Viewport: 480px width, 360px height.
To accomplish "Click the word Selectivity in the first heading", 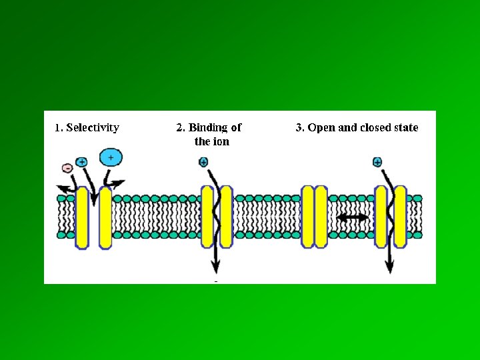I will [x=93, y=128].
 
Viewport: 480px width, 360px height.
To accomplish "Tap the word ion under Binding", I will [x=221, y=141].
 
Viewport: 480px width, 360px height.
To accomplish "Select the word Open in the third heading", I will [x=321, y=127].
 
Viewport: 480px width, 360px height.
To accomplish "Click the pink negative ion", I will [x=67, y=169].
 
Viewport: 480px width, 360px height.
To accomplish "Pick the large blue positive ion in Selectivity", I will [x=111, y=157].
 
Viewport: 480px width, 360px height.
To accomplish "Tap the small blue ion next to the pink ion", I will [x=81, y=161].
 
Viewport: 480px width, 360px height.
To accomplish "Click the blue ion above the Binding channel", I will [x=203, y=162].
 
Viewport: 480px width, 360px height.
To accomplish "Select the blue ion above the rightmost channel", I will [x=377, y=162].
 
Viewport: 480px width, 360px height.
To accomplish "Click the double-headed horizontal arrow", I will [x=352, y=218].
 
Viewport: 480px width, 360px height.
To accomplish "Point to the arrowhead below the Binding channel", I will [x=215, y=268].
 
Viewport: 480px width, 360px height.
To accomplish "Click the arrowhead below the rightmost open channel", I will [x=389, y=268].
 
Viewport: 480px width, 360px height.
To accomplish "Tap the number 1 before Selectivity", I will [x=57, y=128].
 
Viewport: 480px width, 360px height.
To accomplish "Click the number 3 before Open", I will [x=299, y=127].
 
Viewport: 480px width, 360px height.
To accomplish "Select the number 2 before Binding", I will [x=179, y=127].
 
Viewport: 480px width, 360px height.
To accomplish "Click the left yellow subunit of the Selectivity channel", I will [x=82, y=217].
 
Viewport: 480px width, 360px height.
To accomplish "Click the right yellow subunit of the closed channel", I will [x=321, y=217].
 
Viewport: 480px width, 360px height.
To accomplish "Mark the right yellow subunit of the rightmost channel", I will [x=400, y=217].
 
